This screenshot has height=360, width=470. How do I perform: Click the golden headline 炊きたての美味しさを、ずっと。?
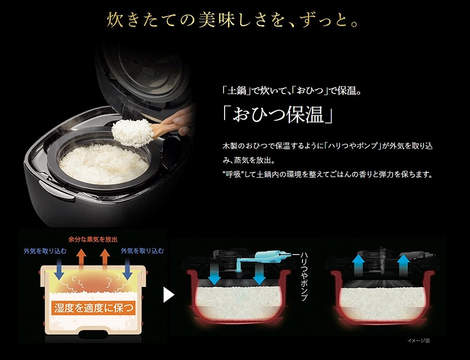click(x=232, y=20)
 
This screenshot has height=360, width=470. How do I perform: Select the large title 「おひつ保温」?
click(x=278, y=114)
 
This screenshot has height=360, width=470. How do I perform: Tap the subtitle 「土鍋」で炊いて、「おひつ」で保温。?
click(x=291, y=90)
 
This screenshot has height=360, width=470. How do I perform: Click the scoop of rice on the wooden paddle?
click(x=133, y=133)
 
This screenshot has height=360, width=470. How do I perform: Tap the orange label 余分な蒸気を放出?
click(x=93, y=239)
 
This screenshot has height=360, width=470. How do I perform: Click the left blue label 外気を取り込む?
click(x=45, y=251)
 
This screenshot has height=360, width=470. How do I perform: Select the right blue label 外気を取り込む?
click(x=143, y=251)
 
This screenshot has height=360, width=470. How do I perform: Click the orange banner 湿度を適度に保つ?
click(x=93, y=308)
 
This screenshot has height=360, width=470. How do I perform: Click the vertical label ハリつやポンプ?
click(x=304, y=276)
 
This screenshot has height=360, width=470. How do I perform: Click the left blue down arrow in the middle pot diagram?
click(x=214, y=274)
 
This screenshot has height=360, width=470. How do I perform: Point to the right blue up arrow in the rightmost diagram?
click(x=404, y=263)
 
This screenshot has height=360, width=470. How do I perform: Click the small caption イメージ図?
click(x=418, y=341)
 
